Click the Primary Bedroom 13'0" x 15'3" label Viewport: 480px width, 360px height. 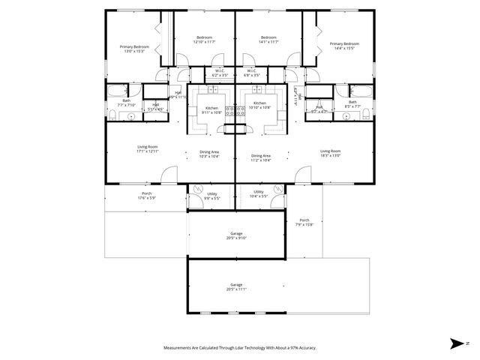click(135, 49)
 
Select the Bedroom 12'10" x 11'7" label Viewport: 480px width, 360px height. click(205, 40)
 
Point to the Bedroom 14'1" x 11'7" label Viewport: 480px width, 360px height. click(268, 40)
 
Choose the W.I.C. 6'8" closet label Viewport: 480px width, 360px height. click(252, 73)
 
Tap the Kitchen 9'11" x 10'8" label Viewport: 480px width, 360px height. click(211, 109)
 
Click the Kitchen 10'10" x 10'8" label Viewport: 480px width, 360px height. click(259, 105)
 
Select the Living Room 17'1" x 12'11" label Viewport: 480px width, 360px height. click(147, 148)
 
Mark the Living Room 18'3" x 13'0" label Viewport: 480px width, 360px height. click(331, 153)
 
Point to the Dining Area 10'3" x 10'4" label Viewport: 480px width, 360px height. click(209, 154)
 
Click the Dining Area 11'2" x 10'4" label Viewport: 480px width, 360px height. click(261, 157)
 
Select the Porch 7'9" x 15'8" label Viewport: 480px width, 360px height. click(304, 222)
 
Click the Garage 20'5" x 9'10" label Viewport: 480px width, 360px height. click(236, 235)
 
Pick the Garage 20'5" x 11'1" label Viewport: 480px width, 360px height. click(236, 286)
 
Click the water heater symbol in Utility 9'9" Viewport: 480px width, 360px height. click(198, 190)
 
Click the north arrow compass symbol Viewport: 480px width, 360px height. click(457, 343)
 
